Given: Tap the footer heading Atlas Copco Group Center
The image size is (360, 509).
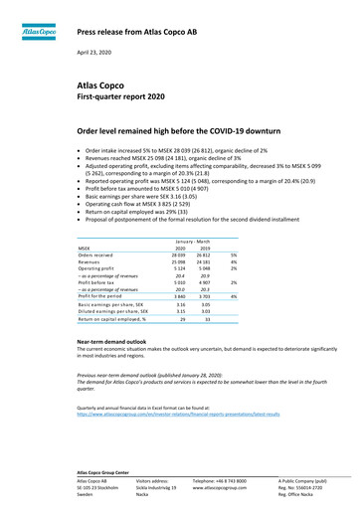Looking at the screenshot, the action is pos(112,470).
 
